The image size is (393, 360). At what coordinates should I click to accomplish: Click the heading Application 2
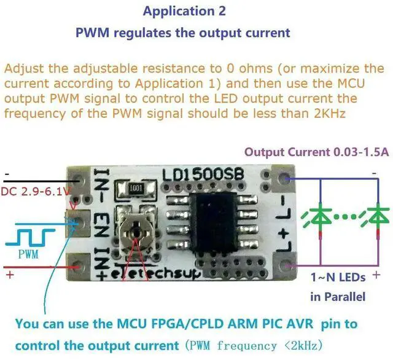pyautogui.click(x=184, y=12)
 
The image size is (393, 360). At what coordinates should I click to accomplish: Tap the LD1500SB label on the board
pyautogui.click(x=203, y=174)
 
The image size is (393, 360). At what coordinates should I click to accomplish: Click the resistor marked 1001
pyautogui.click(x=136, y=188)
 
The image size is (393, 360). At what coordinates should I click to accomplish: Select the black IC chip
pyautogui.click(x=213, y=222)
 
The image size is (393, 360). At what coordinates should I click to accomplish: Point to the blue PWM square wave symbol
pyautogui.click(x=30, y=237)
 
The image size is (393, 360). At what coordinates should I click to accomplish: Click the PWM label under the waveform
pyautogui.click(x=28, y=254)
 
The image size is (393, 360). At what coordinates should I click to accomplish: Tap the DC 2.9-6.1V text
pyautogui.click(x=36, y=192)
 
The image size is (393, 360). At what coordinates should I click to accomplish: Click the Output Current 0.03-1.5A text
pyautogui.click(x=317, y=152)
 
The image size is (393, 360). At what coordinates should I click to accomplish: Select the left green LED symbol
pyautogui.click(x=318, y=217)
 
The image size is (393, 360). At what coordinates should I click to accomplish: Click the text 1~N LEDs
pyautogui.click(x=338, y=278)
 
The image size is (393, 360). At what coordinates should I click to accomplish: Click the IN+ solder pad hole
pyautogui.click(x=78, y=266)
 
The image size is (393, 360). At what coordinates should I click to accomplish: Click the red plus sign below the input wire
pyautogui.click(x=10, y=275)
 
